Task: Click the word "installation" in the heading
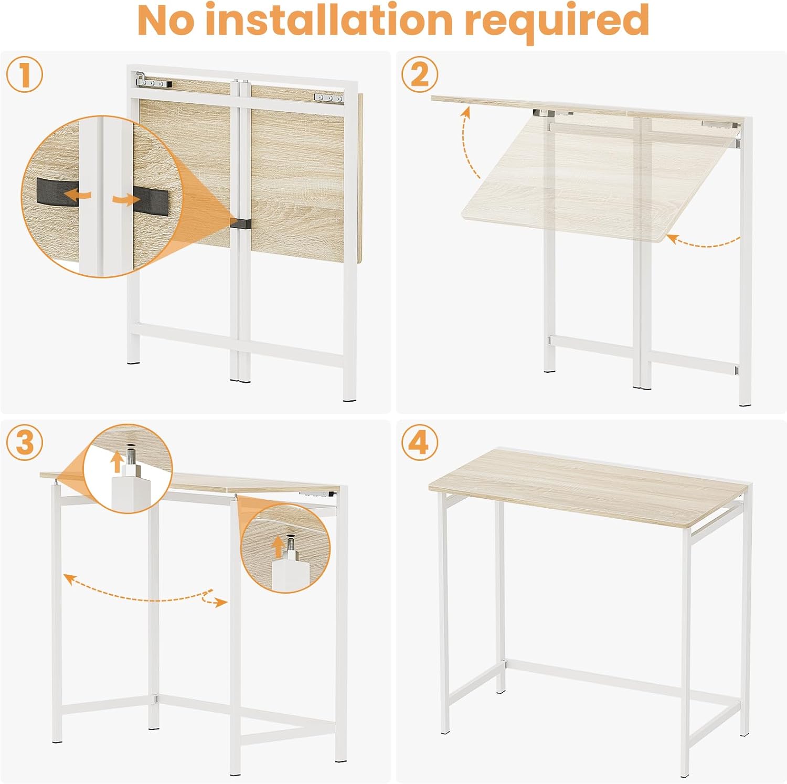329,20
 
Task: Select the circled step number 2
420,74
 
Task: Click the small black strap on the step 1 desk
241,223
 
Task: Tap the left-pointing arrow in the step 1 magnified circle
77,195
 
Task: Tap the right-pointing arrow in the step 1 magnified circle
126,199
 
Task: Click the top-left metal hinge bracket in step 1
153,81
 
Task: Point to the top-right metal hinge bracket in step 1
328,98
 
